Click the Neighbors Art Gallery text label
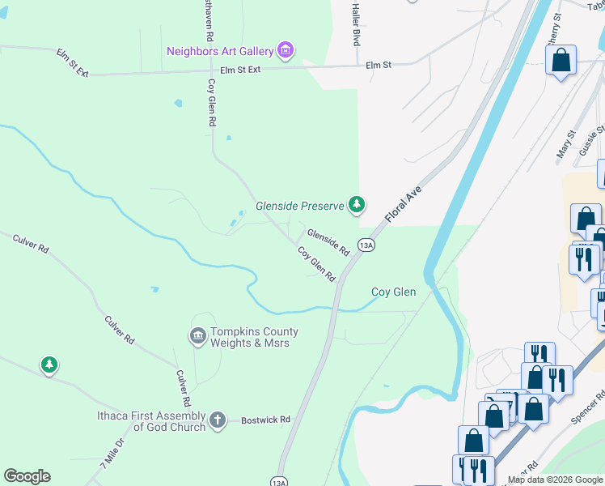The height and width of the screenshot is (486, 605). [x=220, y=51]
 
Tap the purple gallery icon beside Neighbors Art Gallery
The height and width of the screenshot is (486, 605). [x=285, y=51]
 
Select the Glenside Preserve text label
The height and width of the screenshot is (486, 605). [x=300, y=207]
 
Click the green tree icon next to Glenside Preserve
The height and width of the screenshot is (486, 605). [x=356, y=205]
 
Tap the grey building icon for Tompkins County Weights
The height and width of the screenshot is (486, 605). [x=197, y=335]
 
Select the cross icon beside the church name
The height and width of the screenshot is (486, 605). [x=217, y=420]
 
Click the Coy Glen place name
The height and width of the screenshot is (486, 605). [x=393, y=292]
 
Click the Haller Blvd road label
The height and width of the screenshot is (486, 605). [x=355, y=23]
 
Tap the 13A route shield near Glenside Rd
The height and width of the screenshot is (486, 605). [x=366, y=245]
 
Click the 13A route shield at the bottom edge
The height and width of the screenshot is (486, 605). [x=279, y=481]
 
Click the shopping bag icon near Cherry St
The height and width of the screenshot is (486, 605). [x=561, y=60]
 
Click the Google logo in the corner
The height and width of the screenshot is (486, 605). [x=27, y=476]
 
